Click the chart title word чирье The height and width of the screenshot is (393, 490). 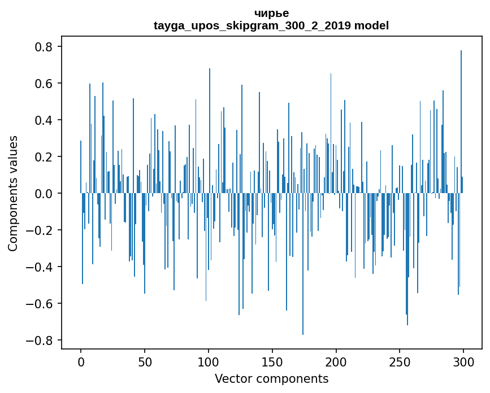[271, 14]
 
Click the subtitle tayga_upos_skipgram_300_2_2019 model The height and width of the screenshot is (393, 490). [271, 25]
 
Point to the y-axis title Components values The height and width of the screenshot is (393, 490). [13, 193]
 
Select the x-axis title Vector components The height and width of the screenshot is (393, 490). [271, 378]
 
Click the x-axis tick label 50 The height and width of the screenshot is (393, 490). [145, 361]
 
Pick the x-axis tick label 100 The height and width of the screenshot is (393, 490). [209, 361]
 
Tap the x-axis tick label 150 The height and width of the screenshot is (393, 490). [272, 361]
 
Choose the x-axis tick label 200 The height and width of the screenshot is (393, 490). [336, 361]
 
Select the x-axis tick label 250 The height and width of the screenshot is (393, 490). [400, 361]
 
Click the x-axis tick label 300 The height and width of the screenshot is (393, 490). [463, 361]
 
